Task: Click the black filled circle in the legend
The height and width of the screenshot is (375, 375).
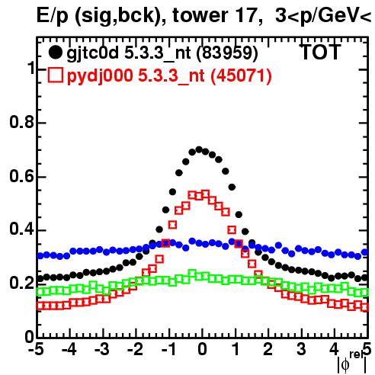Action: [55, 53]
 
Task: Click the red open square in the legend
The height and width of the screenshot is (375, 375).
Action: [55, 75]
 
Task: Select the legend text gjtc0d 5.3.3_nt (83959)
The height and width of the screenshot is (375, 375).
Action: [162, 53]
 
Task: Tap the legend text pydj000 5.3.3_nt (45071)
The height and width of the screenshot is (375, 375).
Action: [169, 76]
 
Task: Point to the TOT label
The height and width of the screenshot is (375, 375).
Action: [320, 52]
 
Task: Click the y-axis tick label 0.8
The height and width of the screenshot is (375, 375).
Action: [21, 122]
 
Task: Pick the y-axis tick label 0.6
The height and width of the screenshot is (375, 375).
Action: [21, 176]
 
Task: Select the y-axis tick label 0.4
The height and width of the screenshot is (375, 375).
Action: [21, 230]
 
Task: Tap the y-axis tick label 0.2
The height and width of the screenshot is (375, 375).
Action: [21, 284]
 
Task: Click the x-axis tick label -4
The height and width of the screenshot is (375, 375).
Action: [69, 350]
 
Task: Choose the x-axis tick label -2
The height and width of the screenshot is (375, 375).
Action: [135, 350]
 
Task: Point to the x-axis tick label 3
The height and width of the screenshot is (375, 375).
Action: [301, 350]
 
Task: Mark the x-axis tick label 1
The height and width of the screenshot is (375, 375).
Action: [236, 350]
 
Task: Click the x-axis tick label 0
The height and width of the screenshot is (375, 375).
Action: [202, 350]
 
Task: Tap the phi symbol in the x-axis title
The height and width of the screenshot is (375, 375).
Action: [345, 365]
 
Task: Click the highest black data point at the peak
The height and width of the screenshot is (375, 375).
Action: [199, 149]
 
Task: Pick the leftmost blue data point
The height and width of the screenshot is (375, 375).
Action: [40, 255]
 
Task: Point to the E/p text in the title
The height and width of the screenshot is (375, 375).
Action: [53, 16]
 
